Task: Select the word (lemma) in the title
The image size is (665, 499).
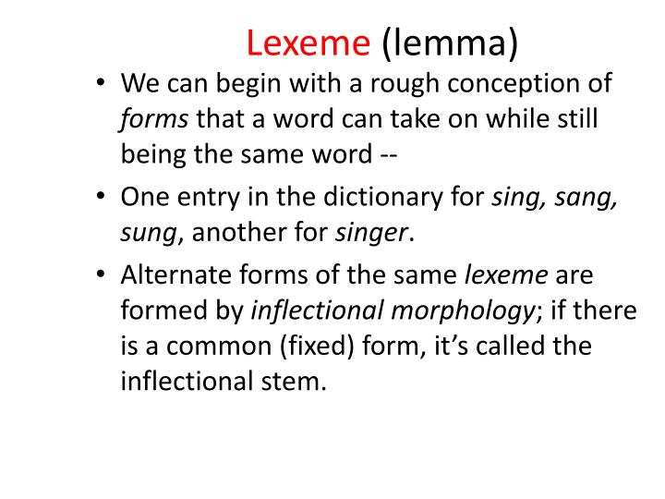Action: (x=450, y=41)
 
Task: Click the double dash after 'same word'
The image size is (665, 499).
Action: (x=387, y=153)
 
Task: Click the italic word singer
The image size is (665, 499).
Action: (x=374, y=231)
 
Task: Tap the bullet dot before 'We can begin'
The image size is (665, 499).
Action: (x=102, y=85)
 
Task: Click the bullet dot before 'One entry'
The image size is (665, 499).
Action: (x=102, y=197)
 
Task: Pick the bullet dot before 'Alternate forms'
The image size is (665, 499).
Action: (x=102, y=276)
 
